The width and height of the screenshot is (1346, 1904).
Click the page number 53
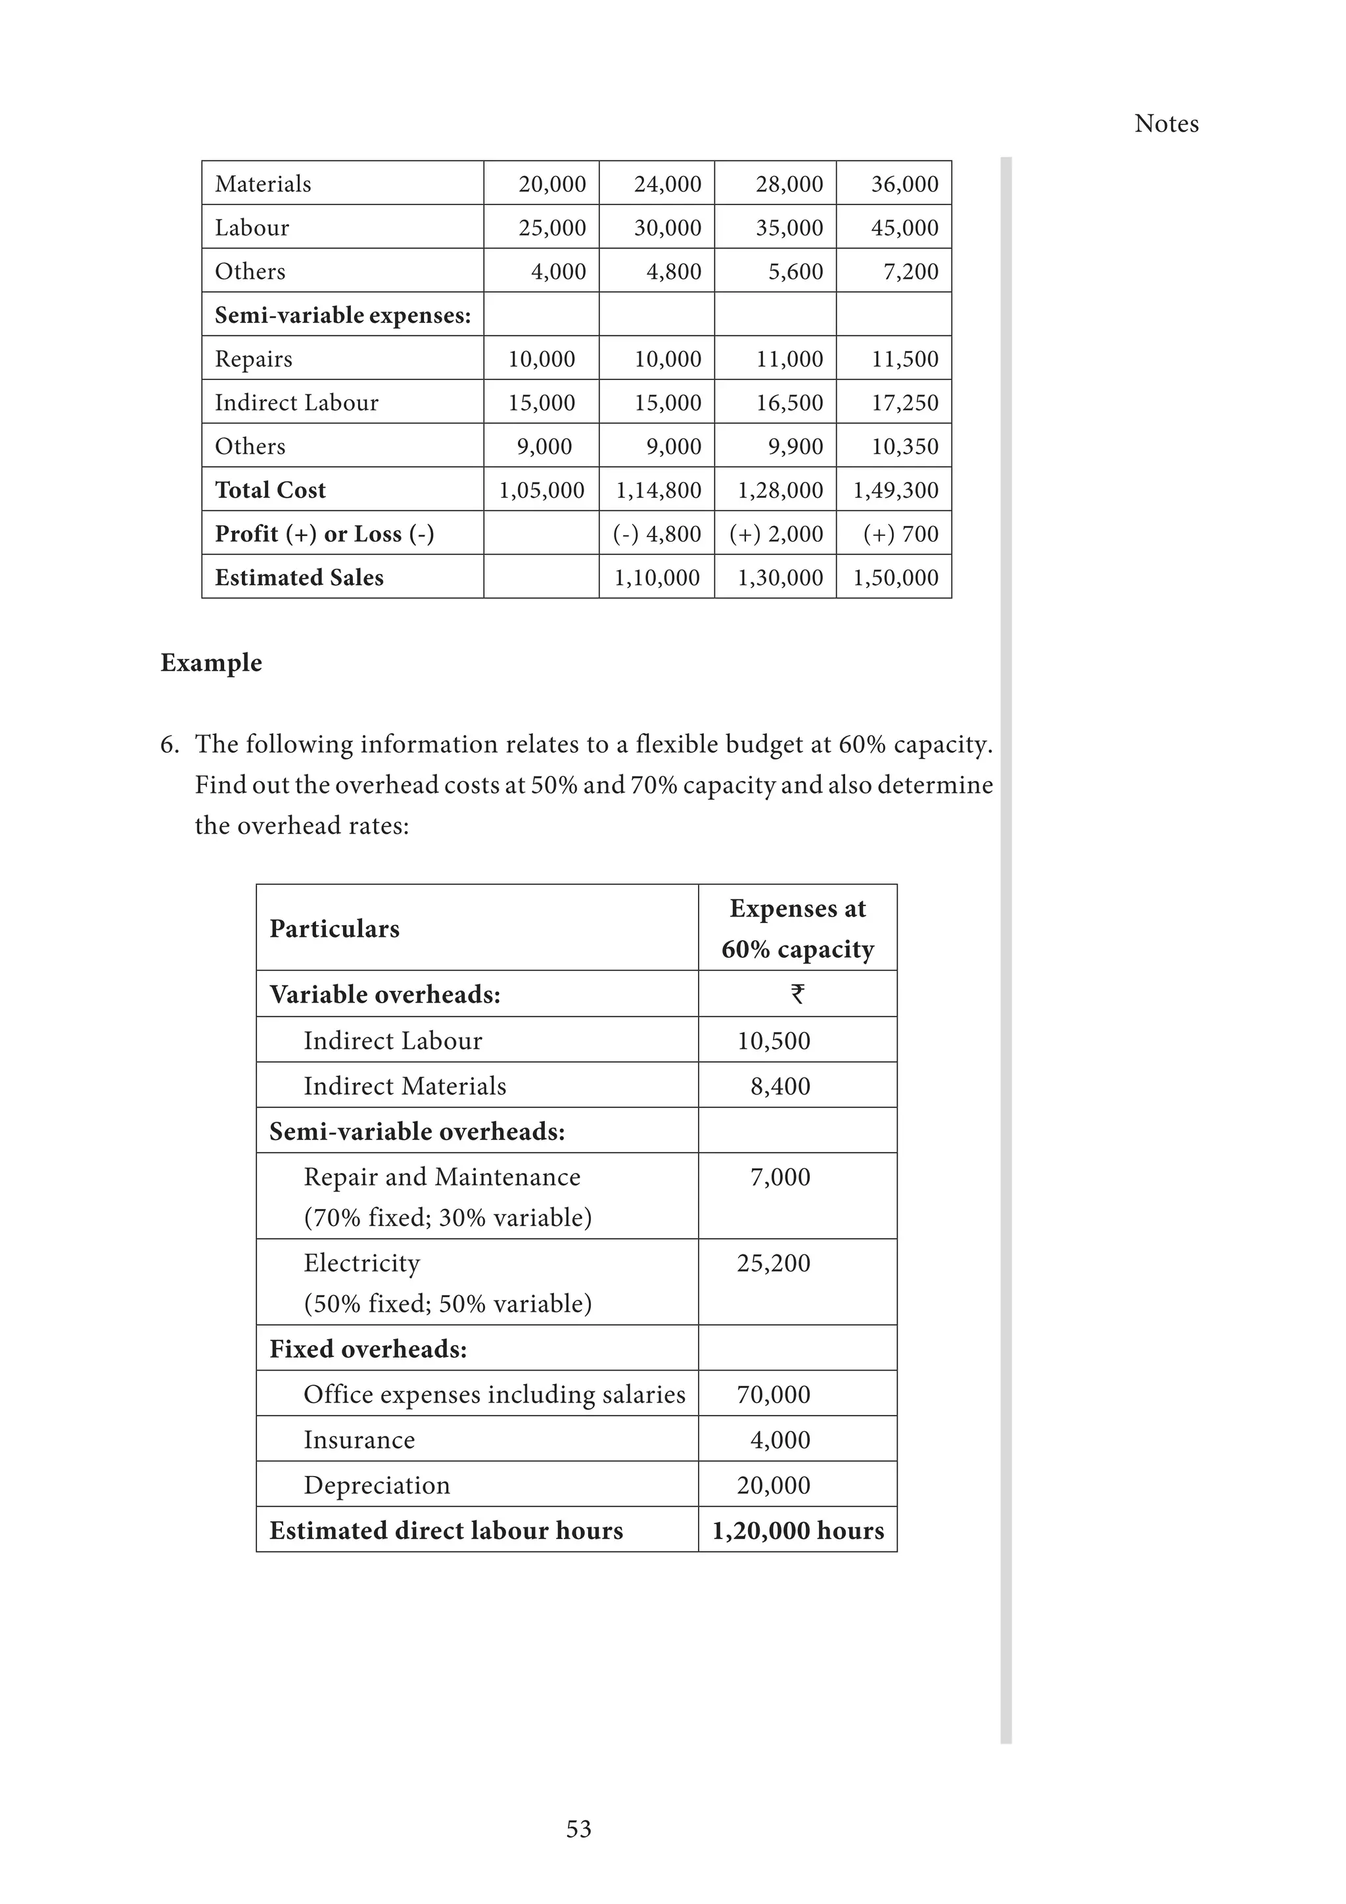[x=578, y=1828]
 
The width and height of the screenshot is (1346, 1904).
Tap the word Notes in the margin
[x=1166, y=124]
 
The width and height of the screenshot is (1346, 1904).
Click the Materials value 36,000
[x=904, y=183]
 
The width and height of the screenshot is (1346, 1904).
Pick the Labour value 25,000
[x=552, y=227]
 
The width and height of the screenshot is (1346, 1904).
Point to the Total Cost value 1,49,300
[x=895, y=490]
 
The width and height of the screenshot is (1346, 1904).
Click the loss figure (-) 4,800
[x=657, y=534]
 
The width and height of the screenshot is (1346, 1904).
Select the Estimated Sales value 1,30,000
[x=780, y=578]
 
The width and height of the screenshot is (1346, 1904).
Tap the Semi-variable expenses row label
[x=342, y=315]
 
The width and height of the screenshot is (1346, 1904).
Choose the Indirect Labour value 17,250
[x=904, y=403]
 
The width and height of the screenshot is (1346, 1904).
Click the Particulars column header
[x=334, y=929]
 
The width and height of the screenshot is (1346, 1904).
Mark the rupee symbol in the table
[x=797, y=993]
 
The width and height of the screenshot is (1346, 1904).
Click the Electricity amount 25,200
[x=774, y=1263]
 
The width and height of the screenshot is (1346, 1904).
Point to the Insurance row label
[x=359, y=1440]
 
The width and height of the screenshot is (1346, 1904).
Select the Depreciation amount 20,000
[x=774, y=1485]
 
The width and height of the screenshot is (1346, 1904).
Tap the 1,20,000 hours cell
[x=797, y=1530]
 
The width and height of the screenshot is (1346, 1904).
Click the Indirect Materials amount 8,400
[x=780, y=1085]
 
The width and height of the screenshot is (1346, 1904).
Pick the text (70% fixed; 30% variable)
[x=448, y=1218]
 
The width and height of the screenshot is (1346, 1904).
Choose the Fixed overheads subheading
[x=368, y=1349]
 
